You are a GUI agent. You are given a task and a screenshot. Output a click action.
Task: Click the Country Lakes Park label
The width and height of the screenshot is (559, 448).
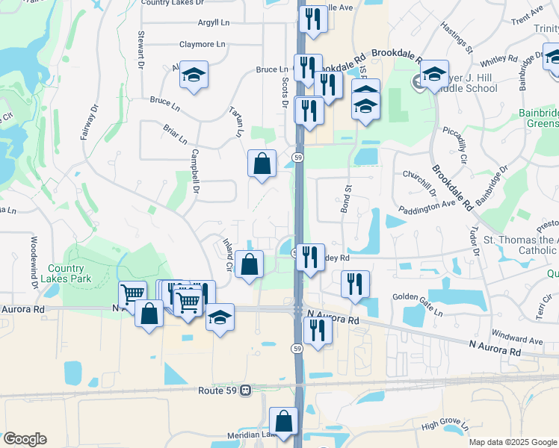pos(71,273)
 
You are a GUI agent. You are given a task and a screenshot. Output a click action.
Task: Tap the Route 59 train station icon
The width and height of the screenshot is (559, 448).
pos(245,391)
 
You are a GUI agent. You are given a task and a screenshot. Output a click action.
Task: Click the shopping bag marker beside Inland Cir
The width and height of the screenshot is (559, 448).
pos(249,264)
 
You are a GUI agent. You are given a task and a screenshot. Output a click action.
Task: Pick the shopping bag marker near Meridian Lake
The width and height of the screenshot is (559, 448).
pos(283,420)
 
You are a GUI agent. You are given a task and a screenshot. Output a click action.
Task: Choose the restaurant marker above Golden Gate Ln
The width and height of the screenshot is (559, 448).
pos(355,284)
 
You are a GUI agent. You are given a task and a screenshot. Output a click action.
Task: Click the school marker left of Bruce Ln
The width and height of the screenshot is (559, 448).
pos(194,75)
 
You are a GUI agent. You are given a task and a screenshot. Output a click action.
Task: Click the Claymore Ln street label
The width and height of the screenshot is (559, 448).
pos(202,45)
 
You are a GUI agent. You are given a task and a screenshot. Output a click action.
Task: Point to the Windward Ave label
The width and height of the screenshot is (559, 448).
pos(516,340)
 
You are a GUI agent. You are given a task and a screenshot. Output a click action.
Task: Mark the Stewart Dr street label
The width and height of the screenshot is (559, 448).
pos(140,52)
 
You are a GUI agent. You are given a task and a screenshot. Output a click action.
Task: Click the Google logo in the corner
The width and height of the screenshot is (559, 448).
pos(25,439)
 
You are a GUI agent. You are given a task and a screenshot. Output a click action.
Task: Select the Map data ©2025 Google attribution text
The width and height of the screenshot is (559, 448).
pos(512,442)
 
